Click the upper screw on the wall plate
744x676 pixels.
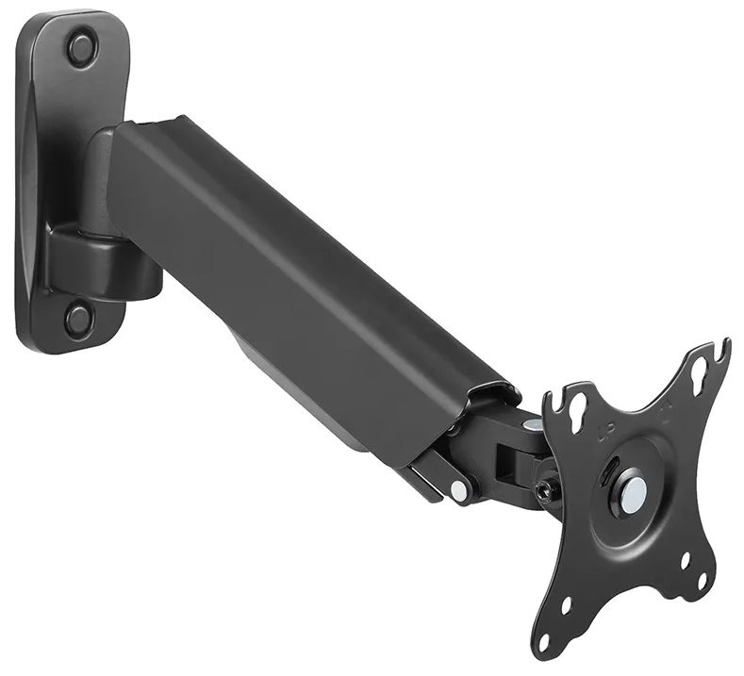coord(82,46)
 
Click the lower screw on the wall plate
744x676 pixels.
coord(78,318)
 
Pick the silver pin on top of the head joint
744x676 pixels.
coord(532,424)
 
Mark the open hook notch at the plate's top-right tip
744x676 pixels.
coord(721,350)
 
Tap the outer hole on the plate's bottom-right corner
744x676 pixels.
coord(702,581)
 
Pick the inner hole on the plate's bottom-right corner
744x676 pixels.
coord(686,560)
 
